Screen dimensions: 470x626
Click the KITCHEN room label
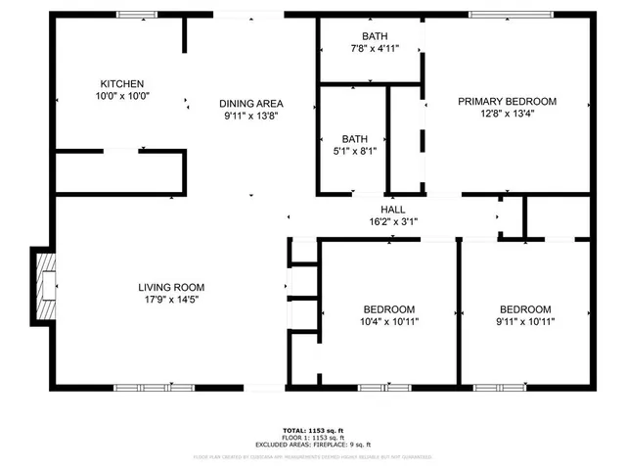click(x=122, y=84)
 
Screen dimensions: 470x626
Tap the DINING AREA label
click(x=251, y=103)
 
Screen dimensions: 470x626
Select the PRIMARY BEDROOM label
click(x=508, y=101)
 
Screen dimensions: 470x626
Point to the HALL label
click(x=393, y=210)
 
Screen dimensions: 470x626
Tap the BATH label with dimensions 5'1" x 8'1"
click(x=354, y=139)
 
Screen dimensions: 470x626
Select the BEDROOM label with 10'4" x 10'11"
click(x=388, y=308)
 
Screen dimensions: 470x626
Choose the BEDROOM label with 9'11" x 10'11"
click(x=524, y=308)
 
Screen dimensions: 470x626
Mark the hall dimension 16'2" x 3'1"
click(x=393, y=222)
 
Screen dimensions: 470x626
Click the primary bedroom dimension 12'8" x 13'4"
click(x=508, y=114)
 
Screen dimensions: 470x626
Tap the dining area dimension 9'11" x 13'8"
click(x=251, y=116)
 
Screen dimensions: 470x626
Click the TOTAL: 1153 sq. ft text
click(x=313, y=430)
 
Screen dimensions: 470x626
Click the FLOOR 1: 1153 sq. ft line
click(x=313, y=437)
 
